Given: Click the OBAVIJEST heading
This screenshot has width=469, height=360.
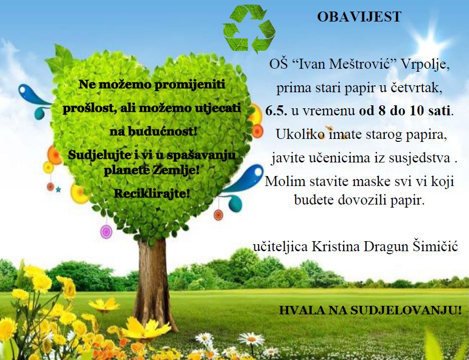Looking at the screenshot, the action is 359,17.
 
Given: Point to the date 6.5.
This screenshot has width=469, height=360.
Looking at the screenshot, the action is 276,111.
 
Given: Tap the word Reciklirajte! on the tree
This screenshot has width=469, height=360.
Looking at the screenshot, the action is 152,194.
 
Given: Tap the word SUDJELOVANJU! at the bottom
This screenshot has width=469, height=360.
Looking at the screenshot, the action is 405,311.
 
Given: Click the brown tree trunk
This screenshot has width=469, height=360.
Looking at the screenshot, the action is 152,284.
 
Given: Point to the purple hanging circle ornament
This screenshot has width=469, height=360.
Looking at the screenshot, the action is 106,232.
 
